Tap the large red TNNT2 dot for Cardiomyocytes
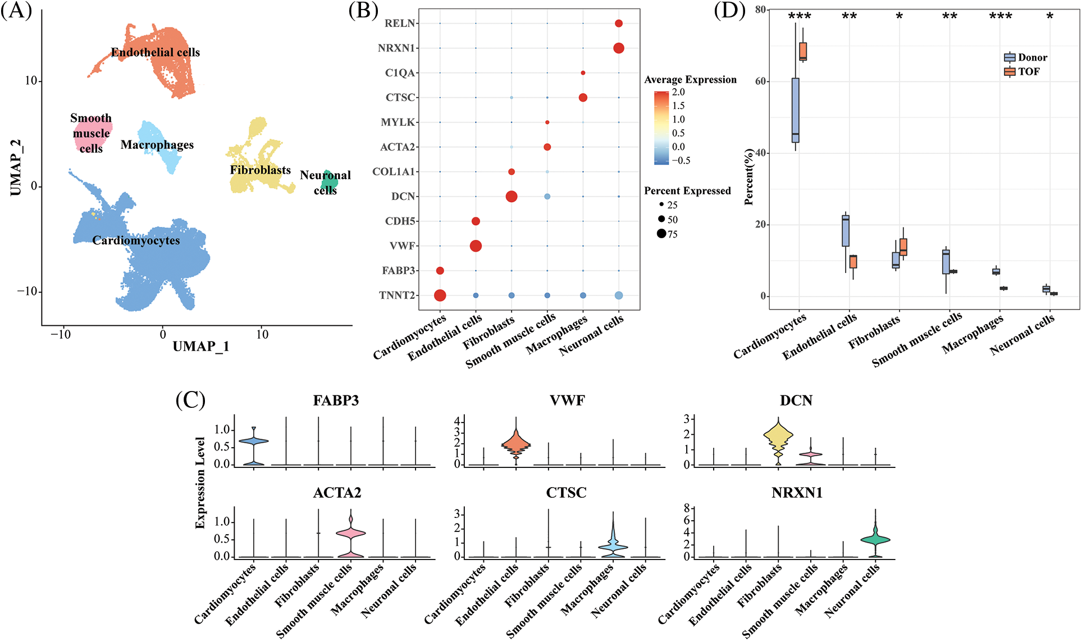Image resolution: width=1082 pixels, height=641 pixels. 440,296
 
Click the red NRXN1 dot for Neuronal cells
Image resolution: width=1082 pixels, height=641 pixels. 618,48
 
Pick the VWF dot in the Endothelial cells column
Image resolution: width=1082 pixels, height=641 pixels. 476,246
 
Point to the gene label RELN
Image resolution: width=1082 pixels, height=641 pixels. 399,23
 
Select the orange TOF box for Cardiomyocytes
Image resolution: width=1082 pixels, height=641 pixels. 803,51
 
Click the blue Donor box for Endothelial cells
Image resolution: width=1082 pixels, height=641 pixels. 846,230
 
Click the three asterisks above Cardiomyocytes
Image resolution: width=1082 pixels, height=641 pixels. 799,16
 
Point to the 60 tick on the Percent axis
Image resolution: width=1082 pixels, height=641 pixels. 760,81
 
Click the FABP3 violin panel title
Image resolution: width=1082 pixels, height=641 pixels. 336,401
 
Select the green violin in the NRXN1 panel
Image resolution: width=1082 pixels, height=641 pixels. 875,539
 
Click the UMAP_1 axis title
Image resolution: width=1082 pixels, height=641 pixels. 200,346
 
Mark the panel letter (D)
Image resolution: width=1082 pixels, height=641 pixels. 729,10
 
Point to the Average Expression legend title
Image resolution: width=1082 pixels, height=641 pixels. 690,80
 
